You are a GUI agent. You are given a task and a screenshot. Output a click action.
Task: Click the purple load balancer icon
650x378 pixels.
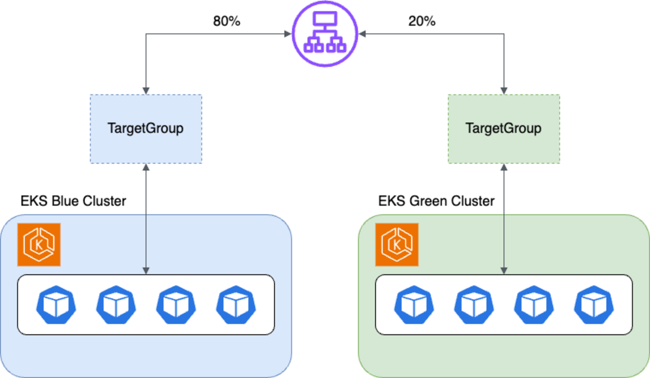tap(325, 34)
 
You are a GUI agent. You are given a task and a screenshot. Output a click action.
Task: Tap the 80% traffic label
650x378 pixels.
tap(227, 22)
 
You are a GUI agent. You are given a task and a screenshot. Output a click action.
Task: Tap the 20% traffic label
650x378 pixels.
tap(422, 22)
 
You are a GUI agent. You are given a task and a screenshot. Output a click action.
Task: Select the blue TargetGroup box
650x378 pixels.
tap(146, 128)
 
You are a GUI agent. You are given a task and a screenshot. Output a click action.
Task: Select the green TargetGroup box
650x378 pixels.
tap(503, 128)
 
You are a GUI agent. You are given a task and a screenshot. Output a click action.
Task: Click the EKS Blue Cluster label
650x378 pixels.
tap(73, 201)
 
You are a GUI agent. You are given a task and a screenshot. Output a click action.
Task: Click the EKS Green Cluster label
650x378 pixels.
tap(436, 201)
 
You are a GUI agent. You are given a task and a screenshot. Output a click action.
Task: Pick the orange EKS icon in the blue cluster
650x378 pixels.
tap(39, 245)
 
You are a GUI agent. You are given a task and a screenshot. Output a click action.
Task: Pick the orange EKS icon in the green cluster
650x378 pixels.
tap(397, 245)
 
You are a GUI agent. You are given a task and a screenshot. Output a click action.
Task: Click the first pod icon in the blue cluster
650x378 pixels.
tap(56, 304)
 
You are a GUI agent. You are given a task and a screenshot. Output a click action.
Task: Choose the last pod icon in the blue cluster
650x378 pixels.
tap(236, 304)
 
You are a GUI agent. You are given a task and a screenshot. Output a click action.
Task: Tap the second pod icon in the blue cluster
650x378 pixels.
tap(116, 304)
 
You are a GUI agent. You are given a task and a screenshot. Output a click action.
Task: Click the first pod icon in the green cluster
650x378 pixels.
tap(414, 304)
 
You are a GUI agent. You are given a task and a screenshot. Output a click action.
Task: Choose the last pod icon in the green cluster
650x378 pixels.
tap(593, 304)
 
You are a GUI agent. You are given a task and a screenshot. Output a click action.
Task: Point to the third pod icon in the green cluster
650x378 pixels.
tap(534, 304)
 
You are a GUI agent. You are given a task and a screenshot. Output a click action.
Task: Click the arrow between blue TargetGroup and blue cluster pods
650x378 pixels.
tap(146, 219)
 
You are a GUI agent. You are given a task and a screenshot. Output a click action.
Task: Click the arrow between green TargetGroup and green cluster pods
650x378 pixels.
tap(504, 219)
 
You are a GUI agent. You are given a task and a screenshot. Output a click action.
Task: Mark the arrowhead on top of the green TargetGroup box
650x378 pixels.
tap(504, 91)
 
